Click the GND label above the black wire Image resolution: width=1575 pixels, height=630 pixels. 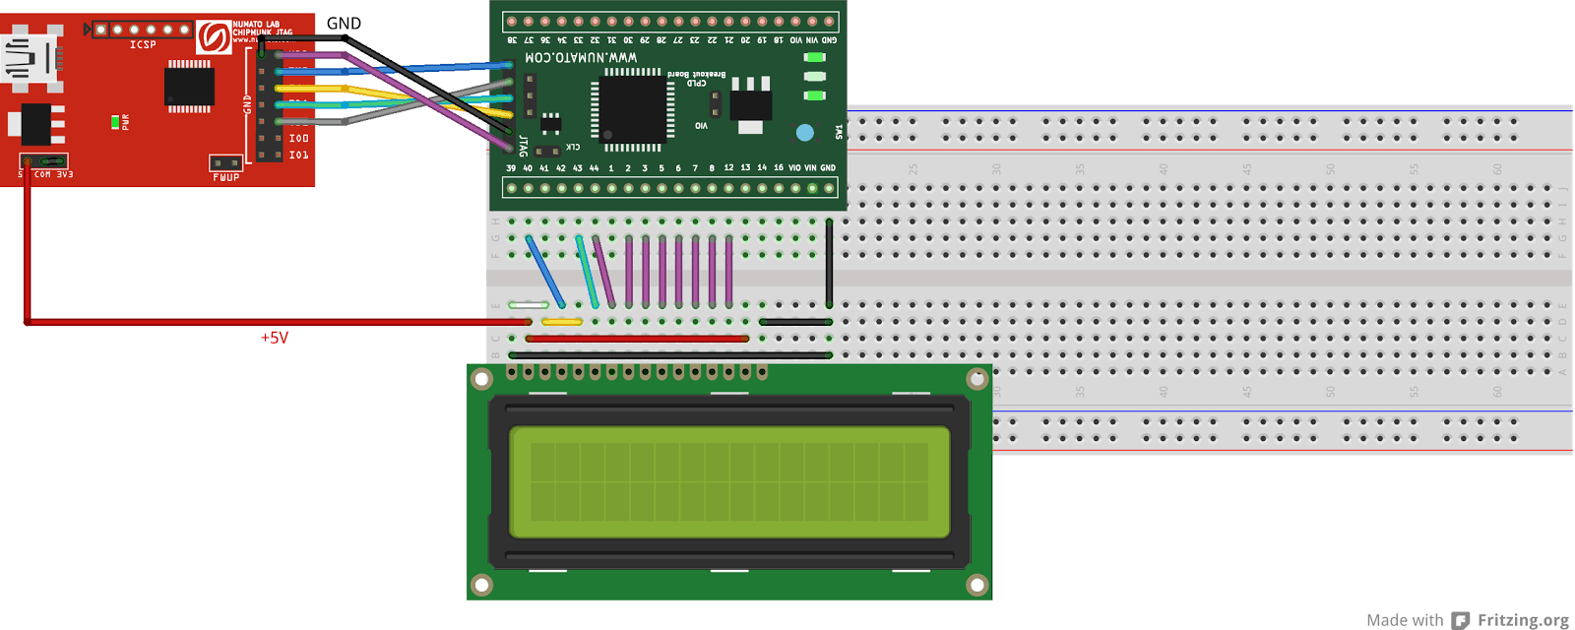tap(344, 23)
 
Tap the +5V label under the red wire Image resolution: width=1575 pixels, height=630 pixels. tap(275, 338)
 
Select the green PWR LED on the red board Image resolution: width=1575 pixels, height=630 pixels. tap(115, 122)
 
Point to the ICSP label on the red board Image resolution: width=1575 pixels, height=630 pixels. tap(143, 44)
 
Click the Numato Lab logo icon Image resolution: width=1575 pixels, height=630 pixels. tap(213, 37)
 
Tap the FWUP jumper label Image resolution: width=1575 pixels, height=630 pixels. tap(225, 177)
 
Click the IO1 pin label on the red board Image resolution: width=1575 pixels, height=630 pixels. tap(298, 155)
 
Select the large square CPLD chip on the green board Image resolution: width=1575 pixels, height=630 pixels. tap(632, 108)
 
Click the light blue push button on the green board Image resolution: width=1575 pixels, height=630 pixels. tap(804, 132)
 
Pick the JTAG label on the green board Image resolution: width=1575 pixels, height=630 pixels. tap(523, 146)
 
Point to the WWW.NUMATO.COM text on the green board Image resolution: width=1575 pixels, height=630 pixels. tap(581, 57)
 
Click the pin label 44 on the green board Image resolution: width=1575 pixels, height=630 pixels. tap(594, 168)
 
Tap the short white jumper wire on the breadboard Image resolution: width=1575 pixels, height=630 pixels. tap(529, 305)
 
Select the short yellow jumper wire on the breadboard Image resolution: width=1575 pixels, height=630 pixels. tap(562, 322)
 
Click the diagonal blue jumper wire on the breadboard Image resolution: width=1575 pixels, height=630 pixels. tap(544, 271)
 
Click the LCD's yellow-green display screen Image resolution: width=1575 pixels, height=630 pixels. tap(729, 481)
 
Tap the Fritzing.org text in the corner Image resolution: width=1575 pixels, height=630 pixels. tap(1522, 619)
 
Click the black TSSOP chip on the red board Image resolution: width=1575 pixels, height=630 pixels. tap(189, 87)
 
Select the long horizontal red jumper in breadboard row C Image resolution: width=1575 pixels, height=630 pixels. tap(637, 339)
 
